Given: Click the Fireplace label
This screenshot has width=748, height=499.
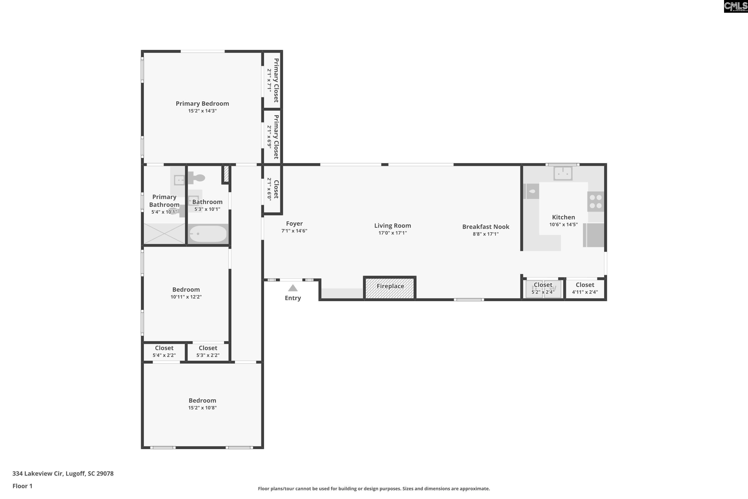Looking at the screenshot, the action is click(390, 286).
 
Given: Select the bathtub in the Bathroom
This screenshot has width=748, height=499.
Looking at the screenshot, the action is click(208, 234).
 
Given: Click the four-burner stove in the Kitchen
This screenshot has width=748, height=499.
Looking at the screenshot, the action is click(595, 201).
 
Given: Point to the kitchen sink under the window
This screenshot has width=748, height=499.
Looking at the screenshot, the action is click(563, 173).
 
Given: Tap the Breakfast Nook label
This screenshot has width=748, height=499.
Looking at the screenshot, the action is click(486, 227).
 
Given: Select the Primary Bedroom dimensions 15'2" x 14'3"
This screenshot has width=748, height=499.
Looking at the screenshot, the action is click(202, 111).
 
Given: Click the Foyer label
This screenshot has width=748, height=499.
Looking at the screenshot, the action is click(294, 223).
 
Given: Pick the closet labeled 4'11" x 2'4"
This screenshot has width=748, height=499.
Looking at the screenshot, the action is click(585, 289).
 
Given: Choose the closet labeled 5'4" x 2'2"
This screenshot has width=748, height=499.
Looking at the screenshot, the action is click(164, 352).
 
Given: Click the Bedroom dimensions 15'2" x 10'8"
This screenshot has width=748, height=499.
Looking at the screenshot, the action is click(202, 408).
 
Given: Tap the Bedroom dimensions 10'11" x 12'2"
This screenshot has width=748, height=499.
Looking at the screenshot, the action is click(186, 297).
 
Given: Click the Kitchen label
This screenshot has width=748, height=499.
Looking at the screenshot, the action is click(563, 217).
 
